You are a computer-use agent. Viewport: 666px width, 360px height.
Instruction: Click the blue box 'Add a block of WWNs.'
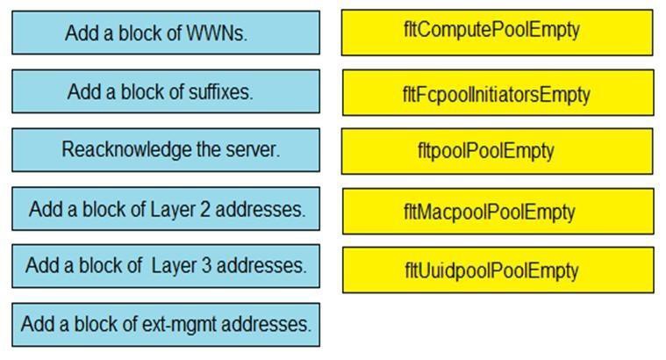(x=165, y=33)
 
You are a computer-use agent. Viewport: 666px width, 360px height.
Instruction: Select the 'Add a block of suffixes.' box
(x=165, y=91)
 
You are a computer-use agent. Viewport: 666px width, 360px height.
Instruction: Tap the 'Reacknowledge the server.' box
(x=165, y=150)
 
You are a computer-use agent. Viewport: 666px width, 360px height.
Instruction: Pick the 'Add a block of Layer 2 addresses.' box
(x=165, y=209)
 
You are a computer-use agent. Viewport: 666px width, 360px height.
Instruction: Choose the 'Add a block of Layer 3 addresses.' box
(x=165, y=265)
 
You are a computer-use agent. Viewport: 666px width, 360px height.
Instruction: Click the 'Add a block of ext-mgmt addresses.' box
(x=165, y=324)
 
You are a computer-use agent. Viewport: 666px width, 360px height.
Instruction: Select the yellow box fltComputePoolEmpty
(x=497, y=32)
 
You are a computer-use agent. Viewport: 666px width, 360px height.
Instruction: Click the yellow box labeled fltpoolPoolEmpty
(x=497, y=151)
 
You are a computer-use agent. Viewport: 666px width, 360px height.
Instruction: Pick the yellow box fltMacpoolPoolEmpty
(x=497, y=212)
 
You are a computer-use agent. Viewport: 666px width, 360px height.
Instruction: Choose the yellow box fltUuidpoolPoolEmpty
(x=497, y=270)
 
